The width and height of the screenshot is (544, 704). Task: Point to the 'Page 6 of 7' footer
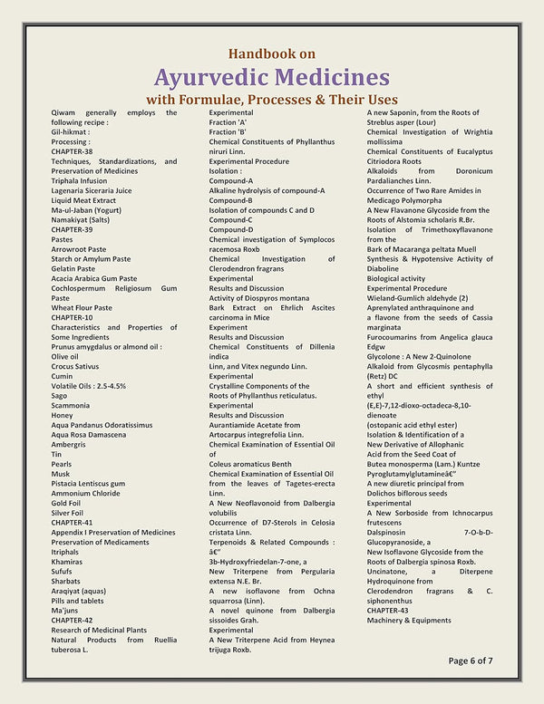[x=471, y=661]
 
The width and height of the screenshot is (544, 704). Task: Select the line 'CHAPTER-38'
[x=72, y=151]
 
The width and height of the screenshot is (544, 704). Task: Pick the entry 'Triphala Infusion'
[x=79, y=181]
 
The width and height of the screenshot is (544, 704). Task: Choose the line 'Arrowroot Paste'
[x=79, y=248]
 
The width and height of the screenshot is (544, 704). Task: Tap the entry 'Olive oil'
[x=65, y=356]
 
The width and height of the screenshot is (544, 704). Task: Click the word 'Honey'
[x=63, y=415]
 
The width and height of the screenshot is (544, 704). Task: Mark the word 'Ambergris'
[x=70, y=445]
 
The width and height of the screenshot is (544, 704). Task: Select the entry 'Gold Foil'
[x=66, y=503]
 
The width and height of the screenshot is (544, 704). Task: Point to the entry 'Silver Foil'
[x=68, y=513]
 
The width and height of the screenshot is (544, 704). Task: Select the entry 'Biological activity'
[x=396, y=278]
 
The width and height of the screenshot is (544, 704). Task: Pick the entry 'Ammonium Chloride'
[x=85, y=494]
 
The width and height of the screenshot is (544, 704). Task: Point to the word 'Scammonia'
[x=72, y=405]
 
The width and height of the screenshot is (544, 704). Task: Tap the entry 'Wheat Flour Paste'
[x=82, y=307]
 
